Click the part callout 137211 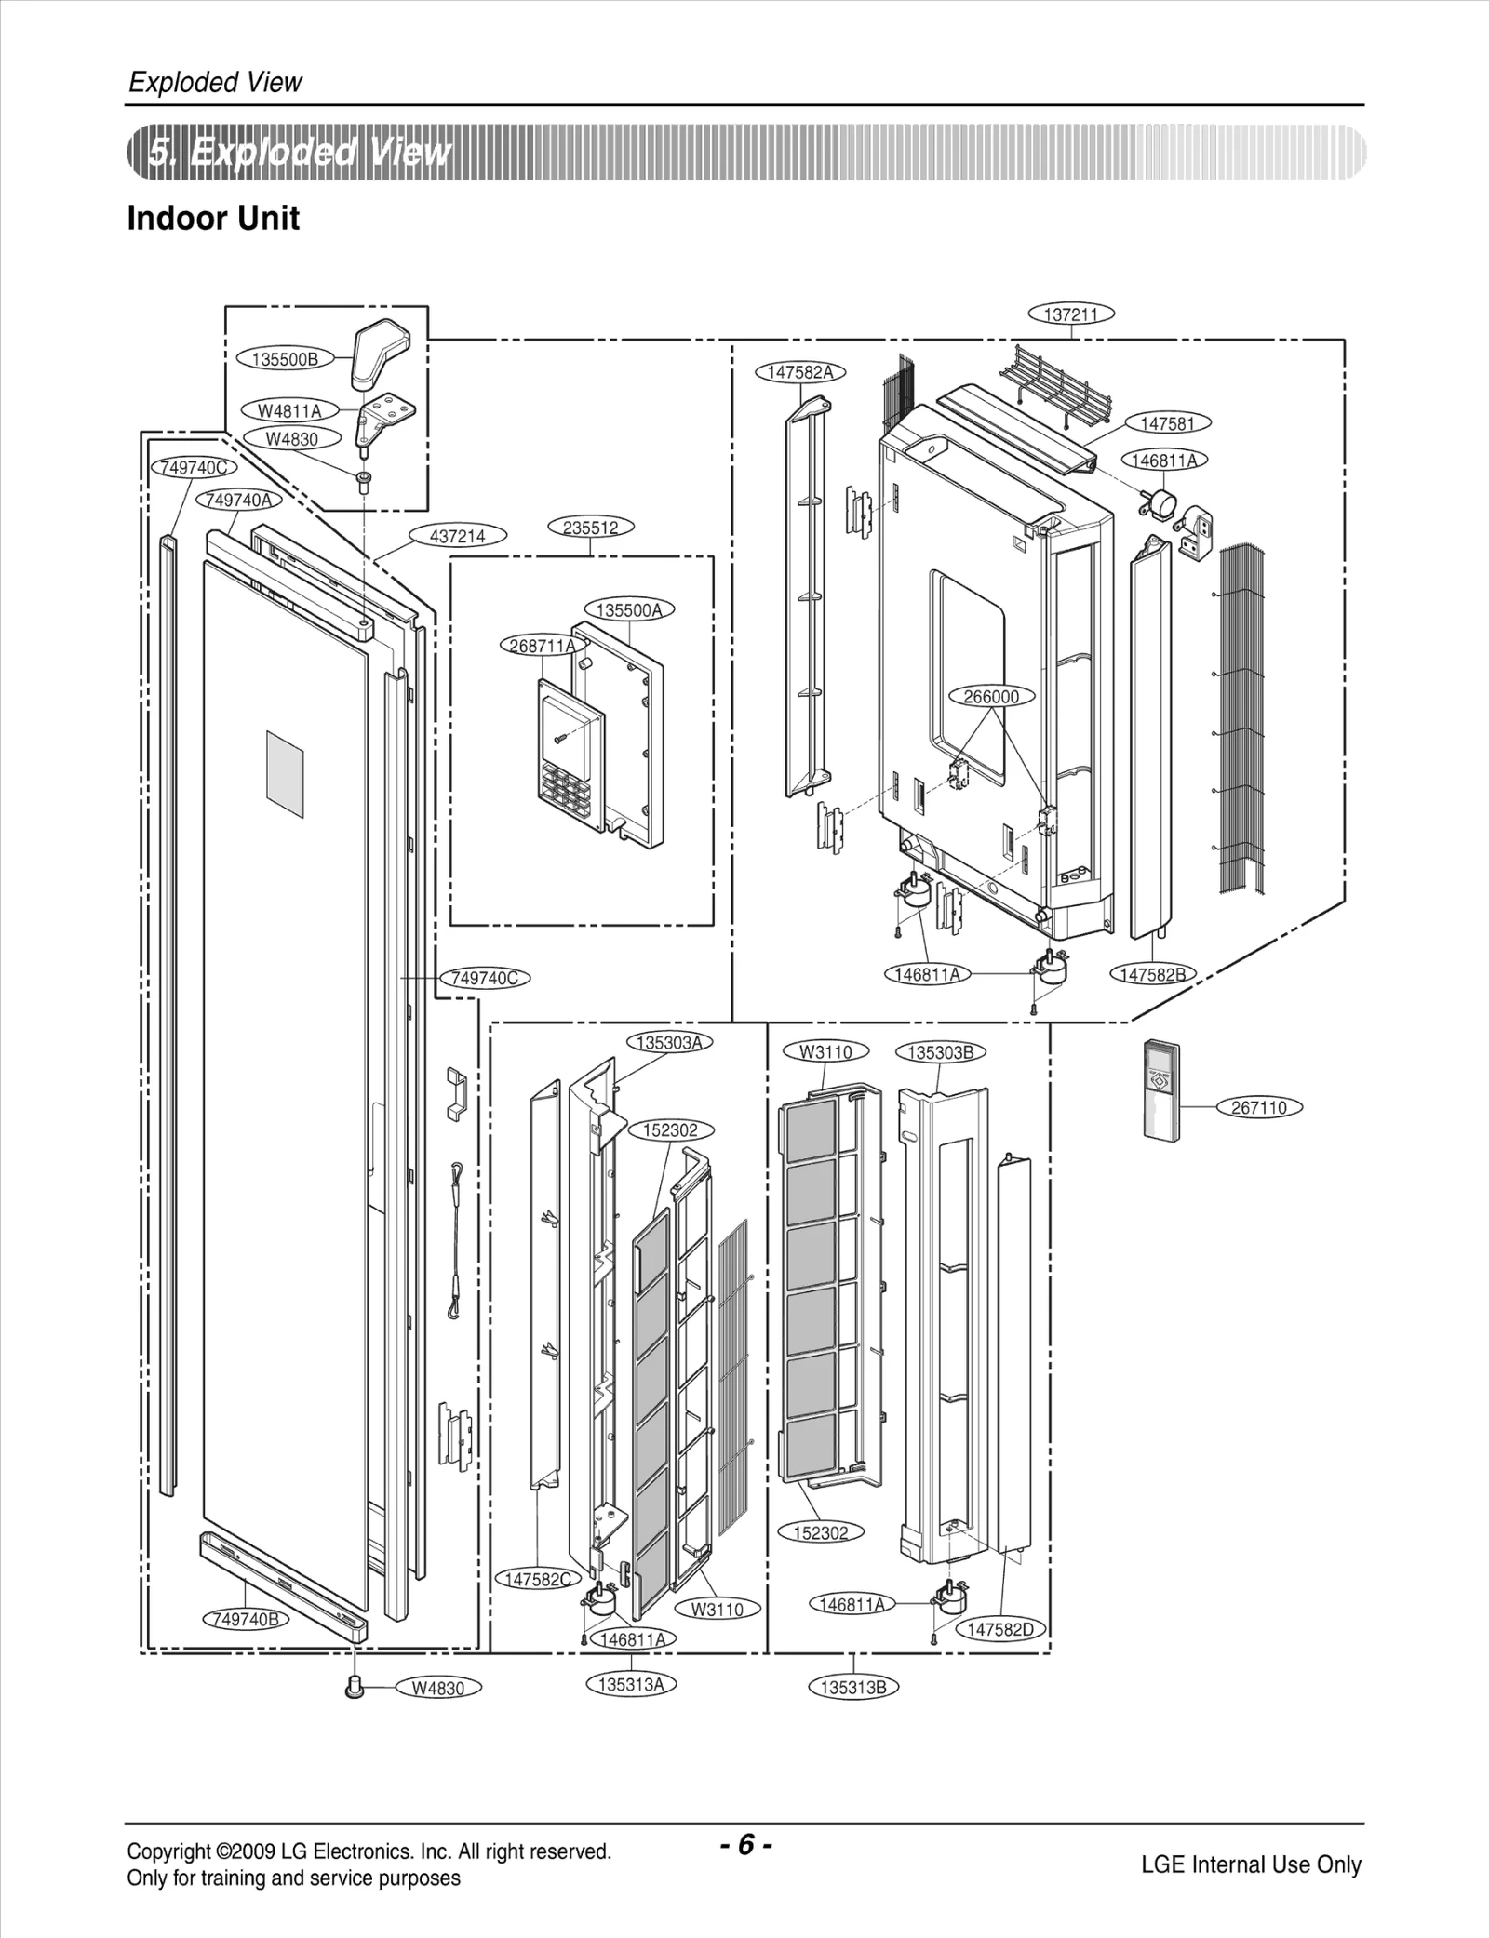pyautogui.click(x=1071, y=314)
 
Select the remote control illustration pyautogui.click(x=1161, y=1089)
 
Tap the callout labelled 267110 pyautogui.click(x=1259, y=1107)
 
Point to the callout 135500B pyautogui.click(x=285, y=359)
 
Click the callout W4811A pyautogui.click(x=289, y=410)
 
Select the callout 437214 pyautogui.click(x=458, y=536)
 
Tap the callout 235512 pyautogui.click(x=591, y=528)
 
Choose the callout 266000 pyautogui.click(x=991, y=696)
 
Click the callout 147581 pyautogui.click(x=1167, y=423)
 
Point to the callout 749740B pyautogui.click(x=246, y=1619)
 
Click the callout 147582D pyautogui.click(x=1000, y=1629)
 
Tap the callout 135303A pyautogui.click(x=669, y=1042)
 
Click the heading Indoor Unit pyautogui.click(x=213, y=219)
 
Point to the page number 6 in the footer pyautogui.click(x=745, y=1844)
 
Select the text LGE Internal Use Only pyautogui.click(x=1251, y=1864)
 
